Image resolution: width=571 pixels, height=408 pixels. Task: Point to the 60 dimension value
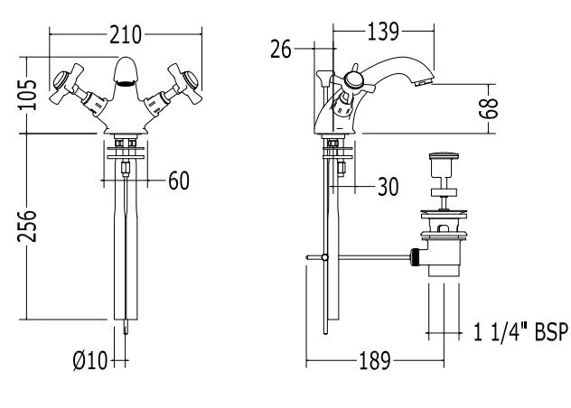[x=179, y=181]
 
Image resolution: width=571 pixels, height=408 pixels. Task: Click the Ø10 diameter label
[x=89, y=361]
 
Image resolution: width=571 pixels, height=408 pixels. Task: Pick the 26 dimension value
[x=280, y=49]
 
